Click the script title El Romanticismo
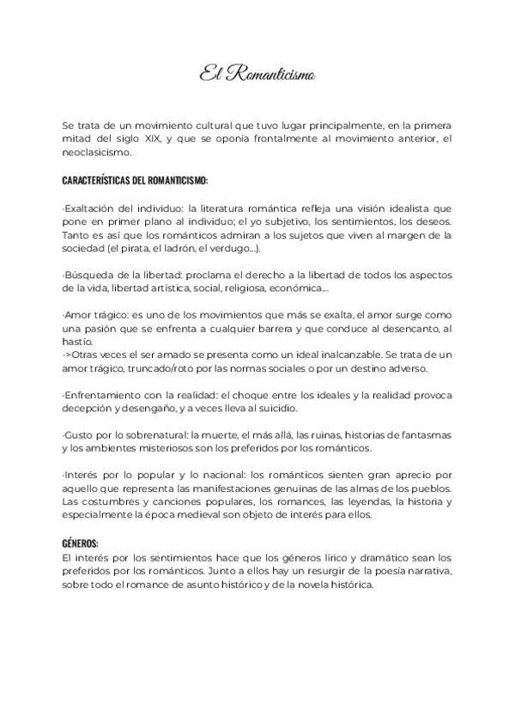tap(257, 76)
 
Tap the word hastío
tap(76, 341)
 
